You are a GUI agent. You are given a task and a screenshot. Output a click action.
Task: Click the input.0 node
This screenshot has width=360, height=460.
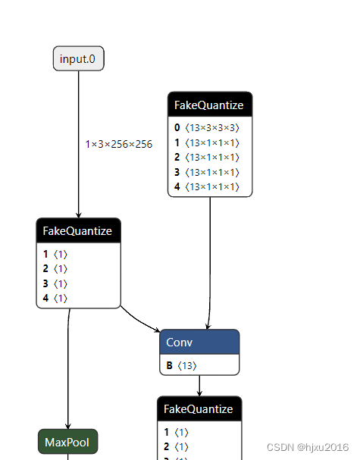[78, 58]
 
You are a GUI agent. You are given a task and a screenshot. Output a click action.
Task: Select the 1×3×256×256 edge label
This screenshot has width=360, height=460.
[119, 144]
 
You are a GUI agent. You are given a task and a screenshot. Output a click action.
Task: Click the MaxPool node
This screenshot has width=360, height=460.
[67, 442]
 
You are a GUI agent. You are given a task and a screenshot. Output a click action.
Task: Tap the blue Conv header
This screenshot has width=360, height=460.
[199, 343]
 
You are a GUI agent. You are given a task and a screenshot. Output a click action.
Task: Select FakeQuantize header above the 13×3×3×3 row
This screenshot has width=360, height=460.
[209, 105]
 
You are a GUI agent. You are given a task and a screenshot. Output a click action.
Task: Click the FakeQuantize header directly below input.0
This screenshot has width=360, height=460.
[78, 231]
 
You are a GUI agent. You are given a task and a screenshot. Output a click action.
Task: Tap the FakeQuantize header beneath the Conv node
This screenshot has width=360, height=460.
[199, 408]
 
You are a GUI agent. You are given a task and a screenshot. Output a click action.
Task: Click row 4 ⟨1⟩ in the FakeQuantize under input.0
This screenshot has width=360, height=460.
[56, 298]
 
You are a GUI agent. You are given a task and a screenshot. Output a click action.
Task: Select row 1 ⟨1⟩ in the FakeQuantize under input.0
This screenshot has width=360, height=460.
[56, 255]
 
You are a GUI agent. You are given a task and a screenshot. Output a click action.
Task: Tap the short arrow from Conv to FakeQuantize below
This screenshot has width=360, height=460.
[199, 385]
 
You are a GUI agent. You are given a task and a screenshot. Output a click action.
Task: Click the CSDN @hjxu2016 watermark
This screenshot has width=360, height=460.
[307, 448]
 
